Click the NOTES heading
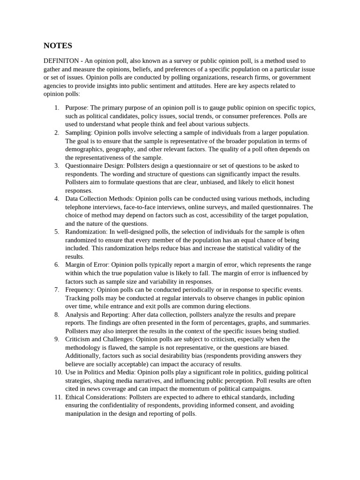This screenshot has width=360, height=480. pos(58,45)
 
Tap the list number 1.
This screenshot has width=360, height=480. pos(56,108)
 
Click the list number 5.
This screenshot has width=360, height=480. pos(56,232)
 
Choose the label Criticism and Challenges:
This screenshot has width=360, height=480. pos(99,339)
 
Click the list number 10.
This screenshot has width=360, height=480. pos(58,372)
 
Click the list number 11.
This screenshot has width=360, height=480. pos(58,397)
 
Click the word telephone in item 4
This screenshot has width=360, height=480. pos(78,207)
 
